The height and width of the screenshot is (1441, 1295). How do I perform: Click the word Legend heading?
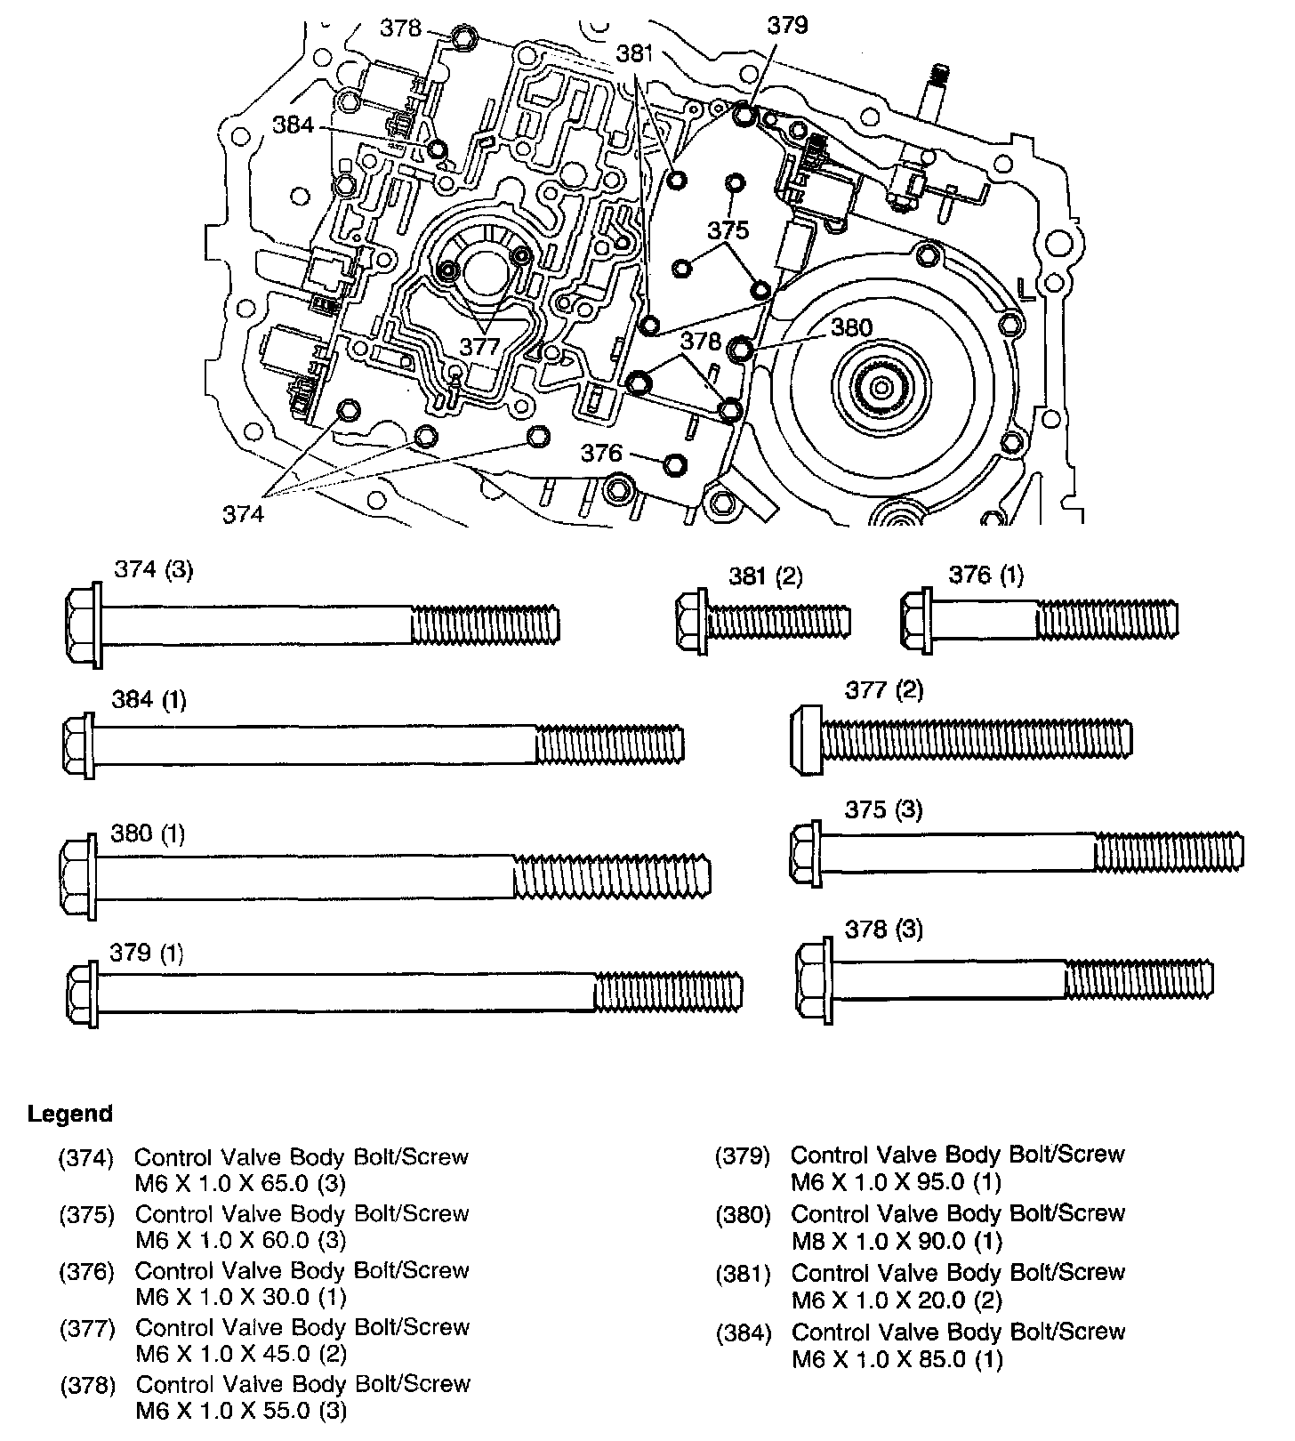click(x=70, y=1114)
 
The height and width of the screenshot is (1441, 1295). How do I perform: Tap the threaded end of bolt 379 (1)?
click(x=668, y=991)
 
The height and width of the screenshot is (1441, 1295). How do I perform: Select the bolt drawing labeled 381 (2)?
click(x=763, y=619)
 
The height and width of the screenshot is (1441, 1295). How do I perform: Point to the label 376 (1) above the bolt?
click(x=985, y=576)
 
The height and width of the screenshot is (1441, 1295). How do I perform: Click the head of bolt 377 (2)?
click(x=805, y=739)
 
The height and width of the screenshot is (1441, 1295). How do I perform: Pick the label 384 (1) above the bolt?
click(x=149, y=700)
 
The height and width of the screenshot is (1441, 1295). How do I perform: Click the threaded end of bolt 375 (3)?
click(x=1168, y=852)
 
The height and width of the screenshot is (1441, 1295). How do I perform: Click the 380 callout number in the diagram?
click(x=851, y=327)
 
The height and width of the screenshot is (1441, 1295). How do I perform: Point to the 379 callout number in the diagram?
click(x=787, y=25)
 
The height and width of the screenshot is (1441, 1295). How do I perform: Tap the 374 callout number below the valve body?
click(x=244, y=514)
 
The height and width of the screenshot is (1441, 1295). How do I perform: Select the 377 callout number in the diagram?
click(x=480, y=345)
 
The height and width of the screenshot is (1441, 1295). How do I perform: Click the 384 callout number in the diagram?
click(x=294, y=125)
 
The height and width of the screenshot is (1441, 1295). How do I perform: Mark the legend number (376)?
click(x=86, y=1272)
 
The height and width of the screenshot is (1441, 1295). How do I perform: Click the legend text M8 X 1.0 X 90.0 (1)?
click(x=897, y=1241)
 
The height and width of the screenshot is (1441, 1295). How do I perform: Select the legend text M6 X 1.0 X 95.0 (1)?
click(x=896, y=1182)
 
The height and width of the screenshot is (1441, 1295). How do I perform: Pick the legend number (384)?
click(x=743, y=1332)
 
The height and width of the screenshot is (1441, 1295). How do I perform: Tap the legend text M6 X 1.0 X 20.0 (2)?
click(x=897, y=1300)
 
